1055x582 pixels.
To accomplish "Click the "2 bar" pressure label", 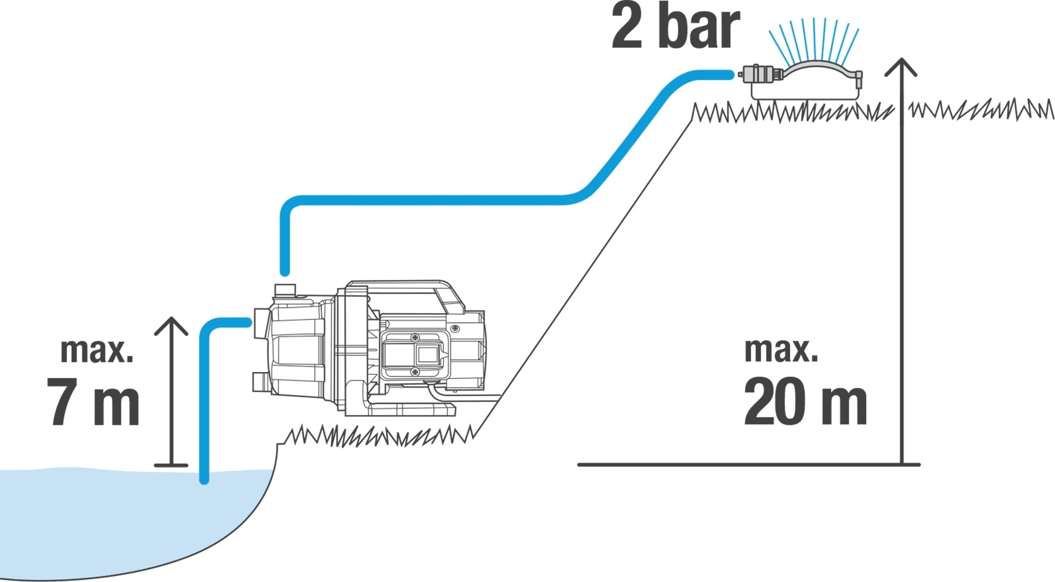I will click(x=676, y=26).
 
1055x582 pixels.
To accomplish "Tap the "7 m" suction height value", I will click(x=93, y=402).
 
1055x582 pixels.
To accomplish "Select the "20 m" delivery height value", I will click(x=805, y=402).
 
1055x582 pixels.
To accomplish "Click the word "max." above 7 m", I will click(x=97, y=350).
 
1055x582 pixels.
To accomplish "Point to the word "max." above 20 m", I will click(x=781, y=350).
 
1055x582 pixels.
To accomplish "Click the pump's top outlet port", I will click(x=285, y=290).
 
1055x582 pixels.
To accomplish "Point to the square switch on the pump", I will click(x=427, y=355).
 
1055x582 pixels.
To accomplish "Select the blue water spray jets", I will click(x=814, y=40).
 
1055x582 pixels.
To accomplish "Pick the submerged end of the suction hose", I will click(x=204, y=477).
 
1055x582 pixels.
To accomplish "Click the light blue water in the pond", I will click(x=105, y=517).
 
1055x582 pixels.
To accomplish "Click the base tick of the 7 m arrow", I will click(x=171, y=465).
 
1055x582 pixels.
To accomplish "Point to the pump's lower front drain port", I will click(x=260, y=382).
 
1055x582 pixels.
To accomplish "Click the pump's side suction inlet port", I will click(x=260, y=323).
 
